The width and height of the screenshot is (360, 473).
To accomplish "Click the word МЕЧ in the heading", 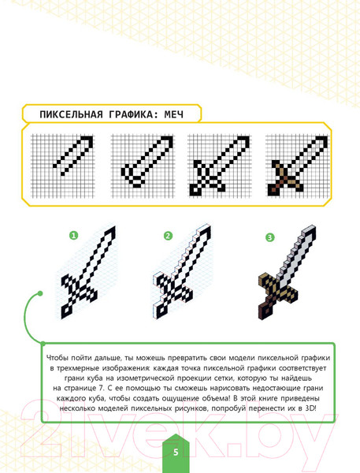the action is (174, 114).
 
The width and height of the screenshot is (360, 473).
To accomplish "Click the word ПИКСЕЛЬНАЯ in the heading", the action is (72, 114).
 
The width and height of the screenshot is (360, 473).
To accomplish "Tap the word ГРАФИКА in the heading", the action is (131, 114).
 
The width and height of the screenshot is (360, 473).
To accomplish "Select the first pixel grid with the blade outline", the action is (62, 166).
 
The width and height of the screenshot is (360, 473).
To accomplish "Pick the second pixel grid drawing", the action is (143, 166).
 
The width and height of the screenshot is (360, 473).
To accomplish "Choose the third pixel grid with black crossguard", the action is (219, 166).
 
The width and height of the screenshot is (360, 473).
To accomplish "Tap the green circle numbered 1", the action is (73, 235).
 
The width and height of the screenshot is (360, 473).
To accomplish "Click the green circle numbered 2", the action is (168, 236).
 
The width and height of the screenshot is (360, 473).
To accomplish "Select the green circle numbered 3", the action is (270, 237).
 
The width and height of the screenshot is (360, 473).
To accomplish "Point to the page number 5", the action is (176, 453).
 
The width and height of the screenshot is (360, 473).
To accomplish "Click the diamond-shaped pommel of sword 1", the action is (67, 311).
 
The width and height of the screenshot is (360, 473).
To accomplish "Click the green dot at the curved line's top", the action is (40, 293).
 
